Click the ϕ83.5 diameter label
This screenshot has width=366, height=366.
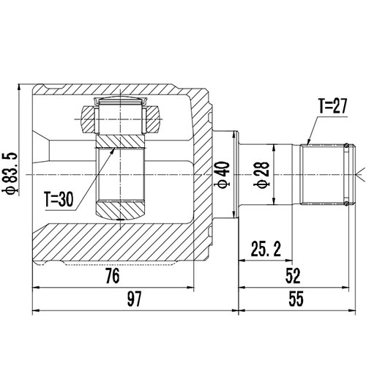point(10,173)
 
